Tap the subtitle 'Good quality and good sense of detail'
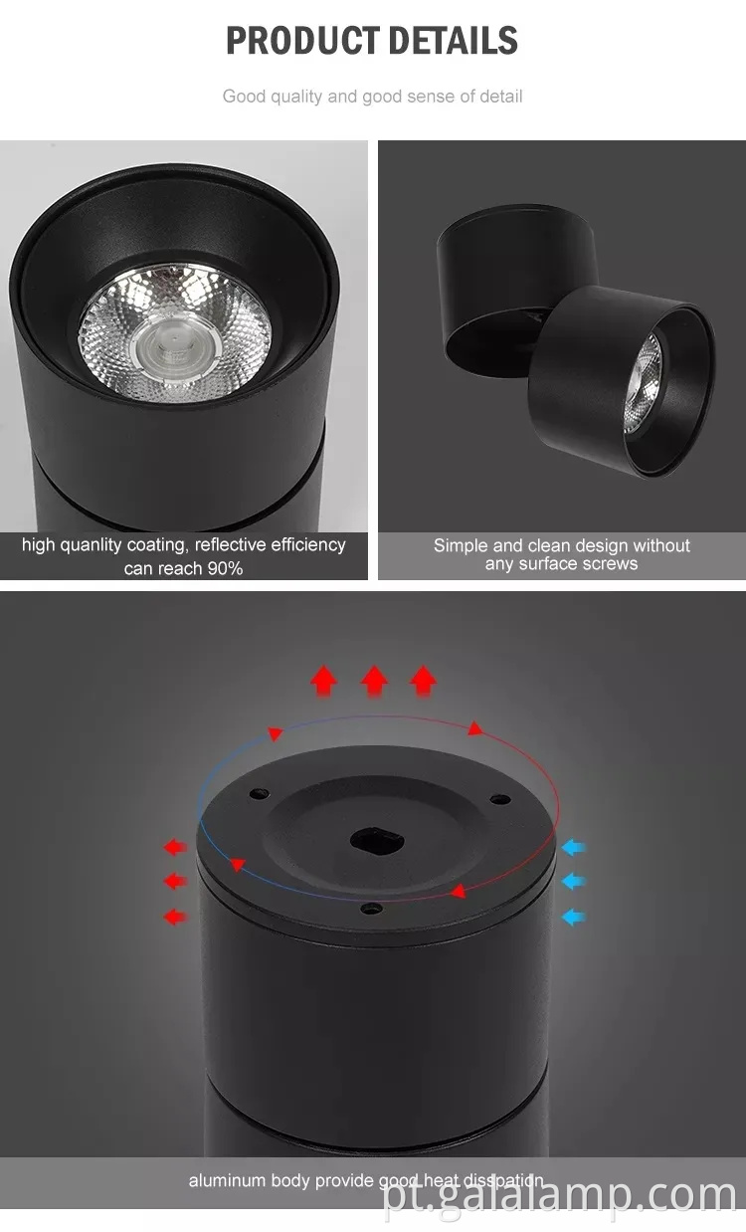372,97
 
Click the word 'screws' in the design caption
611,564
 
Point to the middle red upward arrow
374,681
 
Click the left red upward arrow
323,681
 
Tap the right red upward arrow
424,681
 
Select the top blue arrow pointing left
574,848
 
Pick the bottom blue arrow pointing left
574,916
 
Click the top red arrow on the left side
175,848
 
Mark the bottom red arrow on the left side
175,916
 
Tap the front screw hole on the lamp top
370,907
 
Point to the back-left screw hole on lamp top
259,794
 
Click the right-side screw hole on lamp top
498,798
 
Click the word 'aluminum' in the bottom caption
225,1181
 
